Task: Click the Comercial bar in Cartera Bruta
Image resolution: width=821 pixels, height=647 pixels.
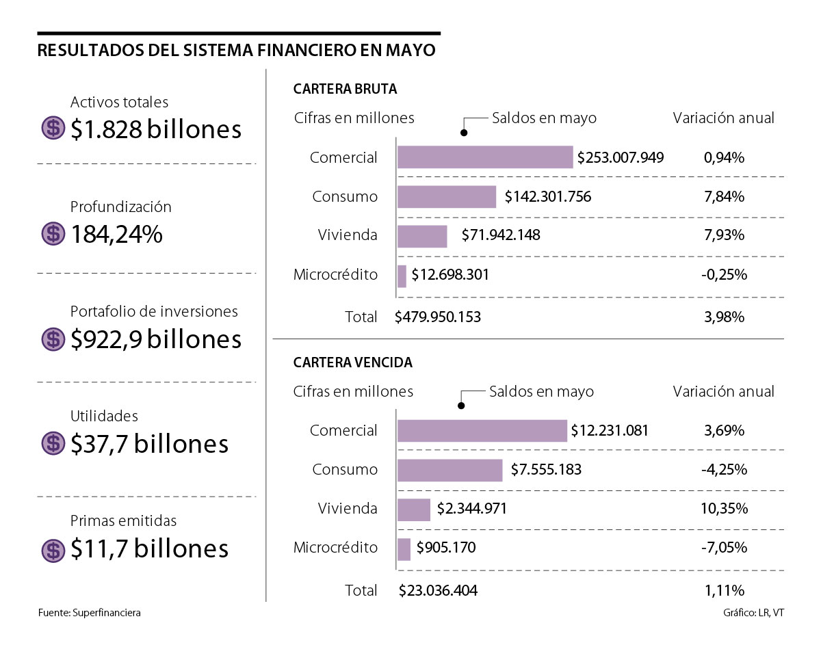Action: point(485,157)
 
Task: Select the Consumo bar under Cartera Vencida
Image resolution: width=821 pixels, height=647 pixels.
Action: point(449,470)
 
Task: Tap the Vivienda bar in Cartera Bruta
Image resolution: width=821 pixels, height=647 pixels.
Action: point(422,236)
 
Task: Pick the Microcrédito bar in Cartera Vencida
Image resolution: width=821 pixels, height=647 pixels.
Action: point(404,549)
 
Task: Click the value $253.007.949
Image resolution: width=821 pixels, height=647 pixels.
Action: point(621,158)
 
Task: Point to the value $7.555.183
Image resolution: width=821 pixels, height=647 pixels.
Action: point(546,470)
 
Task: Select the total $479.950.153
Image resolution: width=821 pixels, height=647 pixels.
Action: point(438,317)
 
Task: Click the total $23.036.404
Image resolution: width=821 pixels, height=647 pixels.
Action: point(438,590)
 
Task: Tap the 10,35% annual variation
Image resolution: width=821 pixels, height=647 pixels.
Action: point(724,509)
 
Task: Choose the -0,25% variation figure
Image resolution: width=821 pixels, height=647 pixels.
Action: point(724,275)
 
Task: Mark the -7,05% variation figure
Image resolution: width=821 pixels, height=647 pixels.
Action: point(724,548)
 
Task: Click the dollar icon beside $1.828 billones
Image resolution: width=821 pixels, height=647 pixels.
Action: point(53,129)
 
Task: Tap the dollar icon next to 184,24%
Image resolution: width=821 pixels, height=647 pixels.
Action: point(53,234)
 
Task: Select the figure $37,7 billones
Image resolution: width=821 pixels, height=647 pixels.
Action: point(149,444)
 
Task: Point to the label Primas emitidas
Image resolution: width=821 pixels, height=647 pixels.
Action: point(124,520)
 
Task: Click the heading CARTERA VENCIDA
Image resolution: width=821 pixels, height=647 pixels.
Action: point(352,362)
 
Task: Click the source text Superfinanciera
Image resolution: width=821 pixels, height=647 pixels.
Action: point(106,613)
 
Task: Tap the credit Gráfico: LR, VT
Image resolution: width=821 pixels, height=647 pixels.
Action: point(753,613)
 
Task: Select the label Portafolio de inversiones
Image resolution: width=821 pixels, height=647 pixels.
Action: point(154,311)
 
